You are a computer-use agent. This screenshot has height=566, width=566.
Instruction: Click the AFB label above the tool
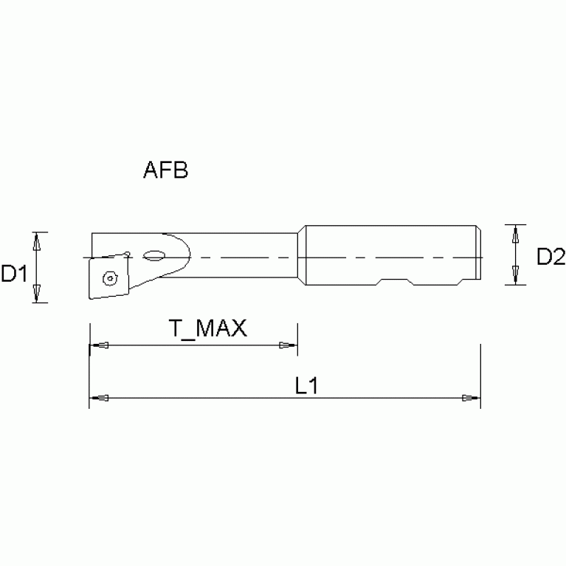pos(165,171)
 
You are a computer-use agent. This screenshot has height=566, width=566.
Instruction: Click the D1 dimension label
pos(13,274)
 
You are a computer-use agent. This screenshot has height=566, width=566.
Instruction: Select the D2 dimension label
pos(551,257)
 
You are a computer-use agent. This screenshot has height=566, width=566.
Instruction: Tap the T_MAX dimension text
pos(208,328)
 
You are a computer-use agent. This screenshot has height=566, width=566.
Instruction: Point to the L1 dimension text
pos(306,386)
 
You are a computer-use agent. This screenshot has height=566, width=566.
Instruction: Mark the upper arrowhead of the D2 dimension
pos(515,231)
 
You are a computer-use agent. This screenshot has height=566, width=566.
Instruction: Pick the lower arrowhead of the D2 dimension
pos(515,279)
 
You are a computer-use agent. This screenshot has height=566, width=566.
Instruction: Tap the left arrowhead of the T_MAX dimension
pos(97,345)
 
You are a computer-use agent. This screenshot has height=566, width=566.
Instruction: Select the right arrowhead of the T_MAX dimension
pos(288,345)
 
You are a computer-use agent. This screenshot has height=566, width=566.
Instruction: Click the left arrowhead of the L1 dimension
pos(97,398)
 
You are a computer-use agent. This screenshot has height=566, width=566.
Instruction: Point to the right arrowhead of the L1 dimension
pos(471,398)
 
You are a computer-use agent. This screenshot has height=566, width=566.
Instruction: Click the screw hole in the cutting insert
pos(110,278)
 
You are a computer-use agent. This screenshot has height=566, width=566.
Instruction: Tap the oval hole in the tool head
pos(155,256)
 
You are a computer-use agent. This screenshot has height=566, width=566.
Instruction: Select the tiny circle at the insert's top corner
pos(128,255)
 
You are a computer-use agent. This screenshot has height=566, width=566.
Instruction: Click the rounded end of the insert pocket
pos(187,255)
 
